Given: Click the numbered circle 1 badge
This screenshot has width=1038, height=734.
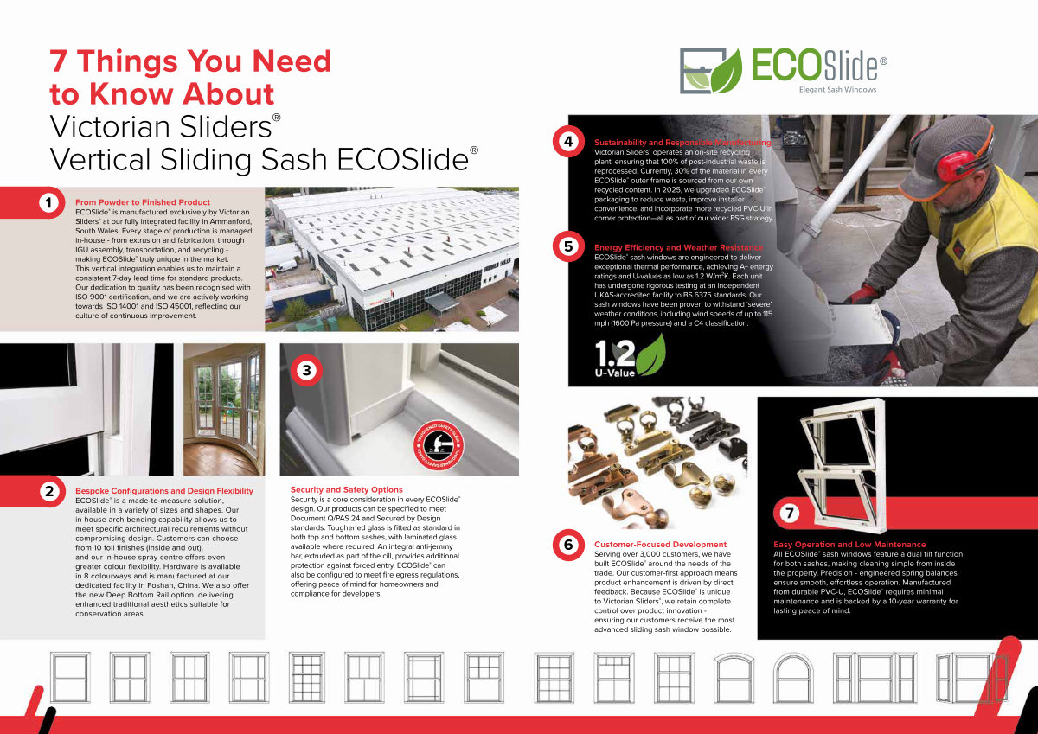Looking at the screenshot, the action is pos(48,202).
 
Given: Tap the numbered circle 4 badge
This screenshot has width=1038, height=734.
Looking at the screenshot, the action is pos(568,141).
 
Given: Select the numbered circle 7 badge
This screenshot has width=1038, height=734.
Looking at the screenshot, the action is pos(789,513).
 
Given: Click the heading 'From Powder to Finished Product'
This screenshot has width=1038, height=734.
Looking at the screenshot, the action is pos(143,202).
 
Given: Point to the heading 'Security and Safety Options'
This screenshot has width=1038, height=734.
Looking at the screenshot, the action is pos(346,489).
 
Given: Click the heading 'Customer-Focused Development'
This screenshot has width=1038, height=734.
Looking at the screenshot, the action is pos(660,544).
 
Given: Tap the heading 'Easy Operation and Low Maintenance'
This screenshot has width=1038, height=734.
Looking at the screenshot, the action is pos(849,544).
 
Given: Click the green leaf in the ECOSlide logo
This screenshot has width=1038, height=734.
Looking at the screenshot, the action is pos(727,71).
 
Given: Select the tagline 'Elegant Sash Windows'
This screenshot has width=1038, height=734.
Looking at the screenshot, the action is pos(837,90).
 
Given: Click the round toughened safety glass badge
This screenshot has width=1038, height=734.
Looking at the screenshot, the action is pos(439,445).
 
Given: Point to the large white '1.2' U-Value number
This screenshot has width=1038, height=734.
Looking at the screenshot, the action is pos(614,354).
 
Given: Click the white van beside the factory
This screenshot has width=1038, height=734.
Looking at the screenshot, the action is pos(286,266).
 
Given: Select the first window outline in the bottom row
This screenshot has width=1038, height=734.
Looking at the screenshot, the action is pos(70,678).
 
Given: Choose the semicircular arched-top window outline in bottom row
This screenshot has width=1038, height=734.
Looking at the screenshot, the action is pos(793,678).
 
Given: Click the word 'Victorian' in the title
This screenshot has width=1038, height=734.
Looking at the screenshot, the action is pos(111,126).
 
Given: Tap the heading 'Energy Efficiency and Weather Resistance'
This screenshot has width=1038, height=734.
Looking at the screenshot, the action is pos(678,247).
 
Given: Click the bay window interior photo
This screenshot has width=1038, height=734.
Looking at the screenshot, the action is pos(224,410).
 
